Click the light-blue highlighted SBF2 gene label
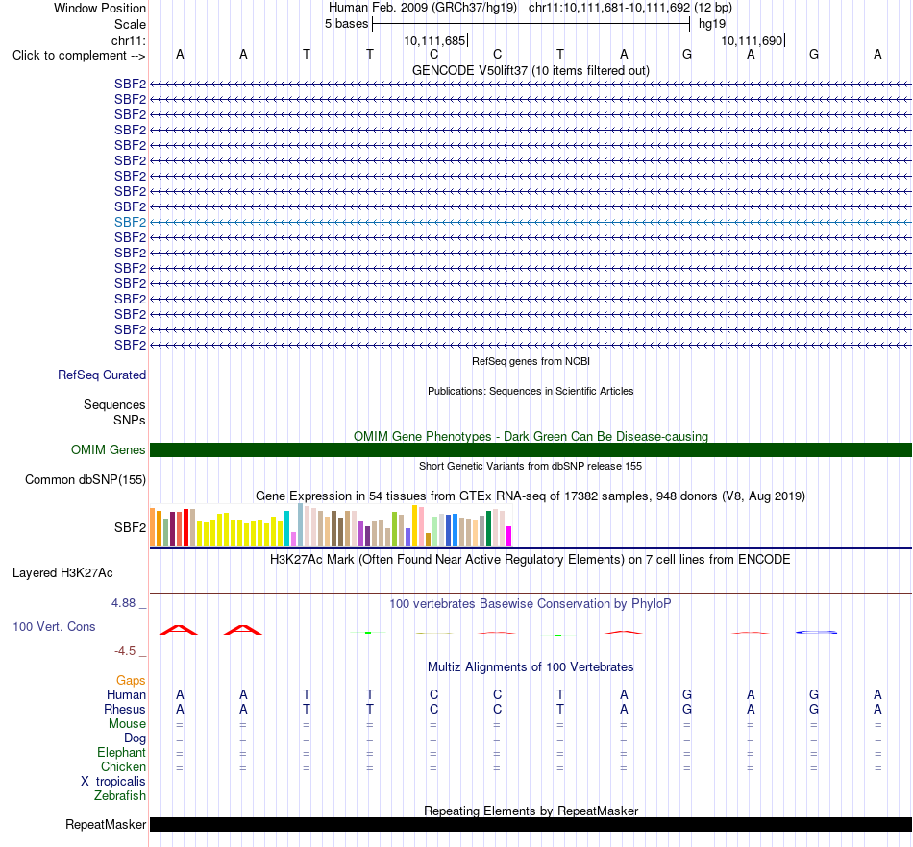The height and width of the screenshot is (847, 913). pyautogui.click(x=130, y=222)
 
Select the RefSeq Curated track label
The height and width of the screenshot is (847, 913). pyautogui.click(x=102, y=375)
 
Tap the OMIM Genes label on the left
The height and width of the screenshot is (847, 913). pyautogui.click(x=109, y=449)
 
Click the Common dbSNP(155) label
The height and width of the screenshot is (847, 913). pyautogui.click(x=86, y=480)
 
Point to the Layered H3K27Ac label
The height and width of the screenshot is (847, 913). pyautogui.click(x=62, y=573)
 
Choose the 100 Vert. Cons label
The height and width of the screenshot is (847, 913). pyautogui.click(x=54, y=626)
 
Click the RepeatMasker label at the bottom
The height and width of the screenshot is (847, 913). pyautogui.click(x=106, y=824)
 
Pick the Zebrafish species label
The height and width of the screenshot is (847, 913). pyautogui.click(x=120, y=795)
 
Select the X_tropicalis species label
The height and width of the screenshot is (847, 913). pyautogui.click(x=113, y=782)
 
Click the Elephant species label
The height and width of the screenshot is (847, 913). pyautogui.click(x=121, y=752)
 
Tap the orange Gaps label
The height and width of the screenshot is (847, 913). pyautogui.click(x=131, y=680)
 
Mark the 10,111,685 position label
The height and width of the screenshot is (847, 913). pyautogui.click(x=435, y=40)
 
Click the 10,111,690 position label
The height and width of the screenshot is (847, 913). pyautogui.click(x=752, y=40)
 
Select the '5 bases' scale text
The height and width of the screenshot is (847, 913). pyautogui.click(x=346, y=24)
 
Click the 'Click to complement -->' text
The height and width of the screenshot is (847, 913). pyautogui.click(x=79, y=56)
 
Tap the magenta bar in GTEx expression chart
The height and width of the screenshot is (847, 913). pyautogui.click(x=509, y=537)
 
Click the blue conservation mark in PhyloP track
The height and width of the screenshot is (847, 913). pyautogui.click(x=816, y=632)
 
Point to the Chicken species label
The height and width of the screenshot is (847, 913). pyautogui.click(x=123, y=766)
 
